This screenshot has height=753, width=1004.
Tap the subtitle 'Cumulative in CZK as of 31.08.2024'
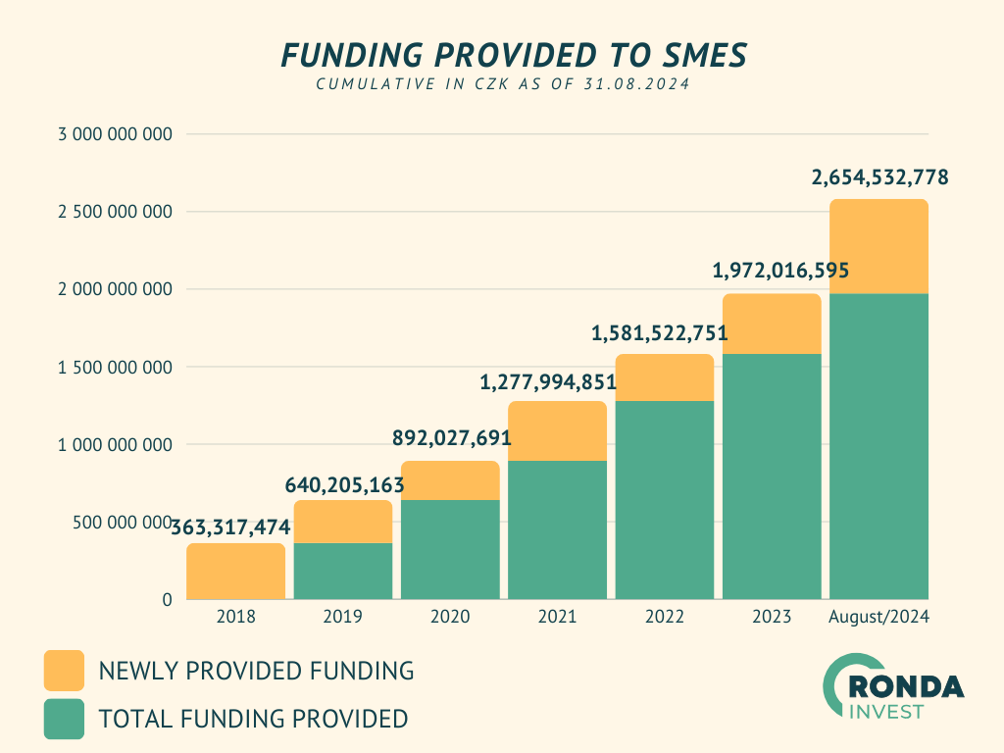coord(502,85)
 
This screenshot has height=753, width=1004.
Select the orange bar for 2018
coord(236,572)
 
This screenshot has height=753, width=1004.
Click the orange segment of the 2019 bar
coord(343,522)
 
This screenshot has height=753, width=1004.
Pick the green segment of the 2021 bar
coord(557,529)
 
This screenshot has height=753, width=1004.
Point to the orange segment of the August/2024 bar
coord(878,246)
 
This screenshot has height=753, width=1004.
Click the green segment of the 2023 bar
coord(772,476)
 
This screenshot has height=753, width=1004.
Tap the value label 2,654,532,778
coord(879,178)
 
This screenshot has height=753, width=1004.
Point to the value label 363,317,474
coord(230,527)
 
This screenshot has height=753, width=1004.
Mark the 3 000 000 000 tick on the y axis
coord(116,134)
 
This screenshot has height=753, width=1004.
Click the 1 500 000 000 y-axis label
coord(116,368)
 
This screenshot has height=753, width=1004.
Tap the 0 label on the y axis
coord(167,599)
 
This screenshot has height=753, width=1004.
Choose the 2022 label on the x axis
coord(665,617)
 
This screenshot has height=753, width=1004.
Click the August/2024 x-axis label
coord(878,617)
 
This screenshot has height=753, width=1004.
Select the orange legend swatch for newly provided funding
coord(64,671)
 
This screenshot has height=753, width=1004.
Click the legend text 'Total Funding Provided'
coord(253,719)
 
